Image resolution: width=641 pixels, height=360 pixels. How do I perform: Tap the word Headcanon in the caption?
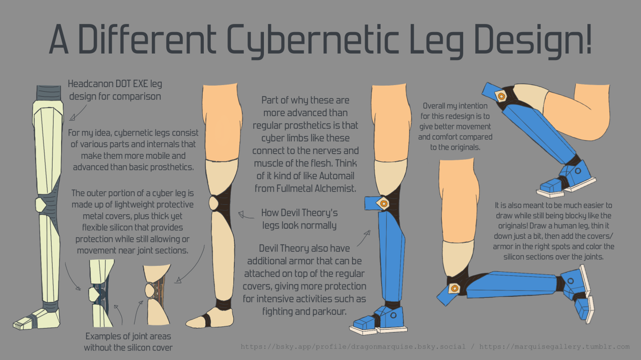[90, 84]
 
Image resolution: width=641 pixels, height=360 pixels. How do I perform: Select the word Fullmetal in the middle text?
[293, 188]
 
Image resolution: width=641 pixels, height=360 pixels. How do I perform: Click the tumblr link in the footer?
[554, 346]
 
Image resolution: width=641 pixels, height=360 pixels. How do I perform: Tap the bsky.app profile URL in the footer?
[353, 346]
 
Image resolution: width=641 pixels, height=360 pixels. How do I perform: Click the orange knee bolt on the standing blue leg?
[384, 204]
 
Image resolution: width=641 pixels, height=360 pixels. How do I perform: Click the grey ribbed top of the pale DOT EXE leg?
[49, 93]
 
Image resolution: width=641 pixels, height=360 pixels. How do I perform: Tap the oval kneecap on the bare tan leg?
[213, 203]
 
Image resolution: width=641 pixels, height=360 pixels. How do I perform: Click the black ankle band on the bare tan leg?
[223, 304]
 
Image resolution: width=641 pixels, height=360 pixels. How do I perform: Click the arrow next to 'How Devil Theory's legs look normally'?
[246, 215]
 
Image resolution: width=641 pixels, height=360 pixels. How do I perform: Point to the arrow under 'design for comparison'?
[78, 113]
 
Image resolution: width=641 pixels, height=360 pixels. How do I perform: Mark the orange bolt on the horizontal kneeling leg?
[454, 288]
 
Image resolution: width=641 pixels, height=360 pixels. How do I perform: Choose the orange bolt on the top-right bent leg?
[501, 97]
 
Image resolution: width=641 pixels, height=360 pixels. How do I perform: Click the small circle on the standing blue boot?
[394, 315]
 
